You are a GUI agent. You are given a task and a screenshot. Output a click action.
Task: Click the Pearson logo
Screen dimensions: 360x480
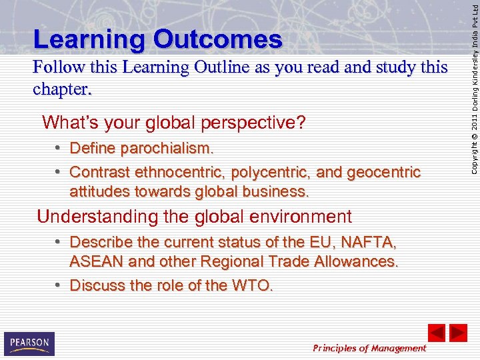(x=29, y=343)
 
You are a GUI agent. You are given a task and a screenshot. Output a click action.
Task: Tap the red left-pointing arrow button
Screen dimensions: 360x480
(x=436, y=333)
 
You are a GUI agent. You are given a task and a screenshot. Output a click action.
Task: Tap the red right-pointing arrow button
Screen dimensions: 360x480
(x=458, y=333)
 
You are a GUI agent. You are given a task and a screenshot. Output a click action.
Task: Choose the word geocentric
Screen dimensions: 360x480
(x=382, y=173)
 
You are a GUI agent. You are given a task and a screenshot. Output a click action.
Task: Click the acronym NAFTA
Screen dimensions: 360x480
(x=374, y=242)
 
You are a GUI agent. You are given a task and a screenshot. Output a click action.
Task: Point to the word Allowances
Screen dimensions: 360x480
(x=351, y=261)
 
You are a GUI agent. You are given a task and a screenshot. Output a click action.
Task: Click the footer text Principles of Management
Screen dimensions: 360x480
(x=369, y=348)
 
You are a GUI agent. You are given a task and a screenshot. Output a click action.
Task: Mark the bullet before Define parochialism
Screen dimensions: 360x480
(x=59, y=147)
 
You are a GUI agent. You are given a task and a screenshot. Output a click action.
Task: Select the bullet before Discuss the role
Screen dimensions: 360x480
(x=59, y=285)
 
